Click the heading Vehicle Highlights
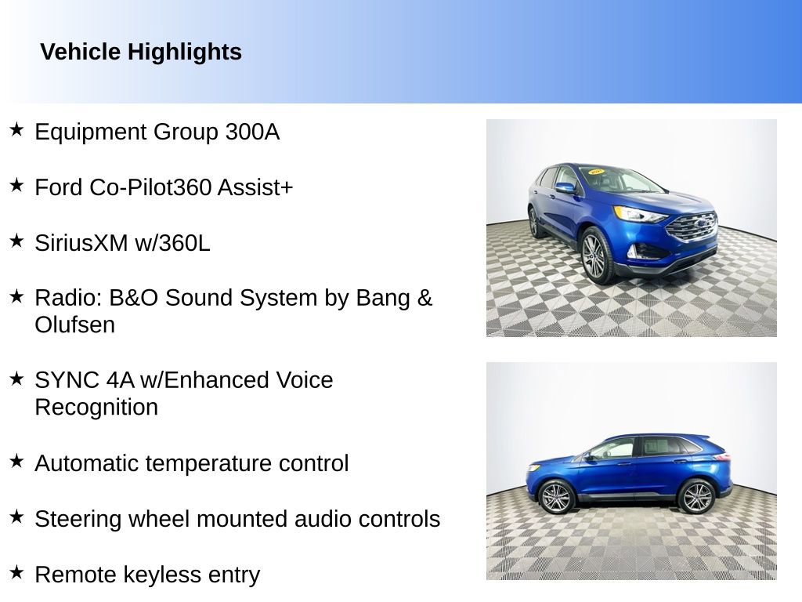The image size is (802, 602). [x=141, y=53]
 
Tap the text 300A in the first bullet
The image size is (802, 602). [x=251, y=132]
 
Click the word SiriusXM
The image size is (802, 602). [x=81, y=243]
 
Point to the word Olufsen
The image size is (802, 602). [x=74, y=325]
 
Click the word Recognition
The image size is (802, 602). [x=96, y=408]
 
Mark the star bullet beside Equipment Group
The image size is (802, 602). [x=16, y=129]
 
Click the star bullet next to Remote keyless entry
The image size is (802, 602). [x=16, y=572]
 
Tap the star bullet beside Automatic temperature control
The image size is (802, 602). [x=16, y=461]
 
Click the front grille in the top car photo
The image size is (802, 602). [x=692, y=227]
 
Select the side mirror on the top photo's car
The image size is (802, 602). [x=565, y=188]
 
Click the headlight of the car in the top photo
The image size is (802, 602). [x=638, y=214]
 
